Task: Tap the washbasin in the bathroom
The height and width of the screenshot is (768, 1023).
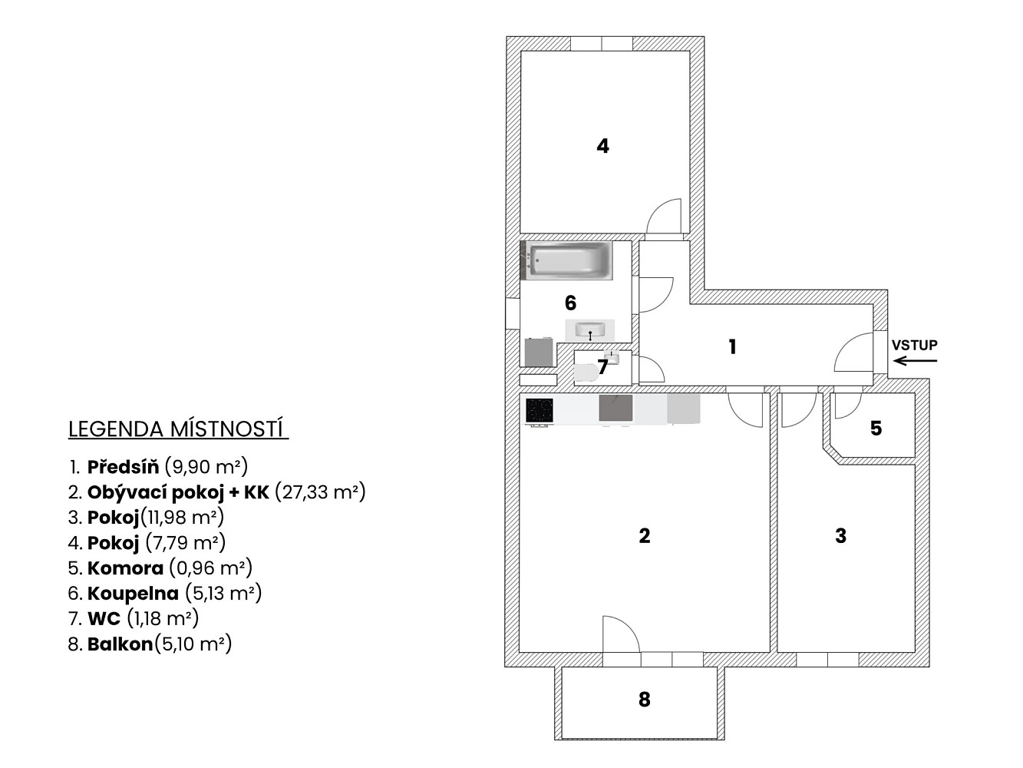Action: pyautogui.click(x=590, y=330)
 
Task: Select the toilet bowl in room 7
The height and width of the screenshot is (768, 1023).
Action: pyautogui.click(x=586, y=372)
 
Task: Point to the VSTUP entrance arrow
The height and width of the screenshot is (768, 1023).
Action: pyautogui.click(x=915, y=360)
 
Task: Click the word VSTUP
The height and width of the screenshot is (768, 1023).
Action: pyautogui.click(x=915, y=345)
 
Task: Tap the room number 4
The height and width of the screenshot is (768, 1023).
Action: pyautogui.click(x=602, y=146)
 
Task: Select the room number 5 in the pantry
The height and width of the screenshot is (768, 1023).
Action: pyautogui.click(x=876, y=428)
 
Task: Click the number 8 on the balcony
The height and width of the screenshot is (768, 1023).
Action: pyautogui.click(x=644, y=699)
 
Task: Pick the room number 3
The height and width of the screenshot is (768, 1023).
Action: pyautogui.click(x=841, y=536)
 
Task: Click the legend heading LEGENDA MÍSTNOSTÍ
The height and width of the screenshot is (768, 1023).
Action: pyautogui.click(x=177, y=429)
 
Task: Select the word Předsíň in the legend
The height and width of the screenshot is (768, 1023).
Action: pyautogui.click(x=124, y=467)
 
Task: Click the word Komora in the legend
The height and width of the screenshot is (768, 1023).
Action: pyautogui.click(x=125, y=568)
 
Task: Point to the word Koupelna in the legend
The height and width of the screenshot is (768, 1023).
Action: pyautogui.click(x=133, y=594)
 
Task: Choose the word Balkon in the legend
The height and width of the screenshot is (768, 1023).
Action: pyautogui.click(x=120, y=644)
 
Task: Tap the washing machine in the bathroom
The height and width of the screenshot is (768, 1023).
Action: pyautogui.click(x=539, y=352)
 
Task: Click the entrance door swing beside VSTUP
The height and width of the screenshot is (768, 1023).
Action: pyautogui.click(x=854, y=352)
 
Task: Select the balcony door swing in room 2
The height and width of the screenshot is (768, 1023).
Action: pyautogui.click(x=622, y=634)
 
